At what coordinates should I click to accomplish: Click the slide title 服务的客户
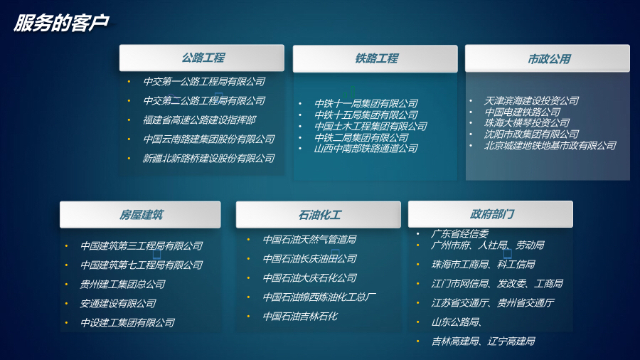[x=61, y=23]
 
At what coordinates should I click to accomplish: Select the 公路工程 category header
[x=203, y=58]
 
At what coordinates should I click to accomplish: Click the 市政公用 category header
[x=548, y=59]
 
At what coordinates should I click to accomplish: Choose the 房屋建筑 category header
[x=141, y=214]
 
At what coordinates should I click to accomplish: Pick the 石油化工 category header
[x=320, y=214]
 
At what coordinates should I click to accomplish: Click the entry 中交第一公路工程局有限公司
[x=204, y=82]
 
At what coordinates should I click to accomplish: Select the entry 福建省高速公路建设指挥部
[x=199, y=120]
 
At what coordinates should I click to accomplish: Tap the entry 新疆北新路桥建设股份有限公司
[x=208, y=158]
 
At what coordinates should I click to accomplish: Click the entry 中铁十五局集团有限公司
[x=366, y=115]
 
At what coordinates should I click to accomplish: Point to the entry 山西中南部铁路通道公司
[x=366, y=149]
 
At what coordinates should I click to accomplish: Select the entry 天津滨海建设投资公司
[x=531, y=101]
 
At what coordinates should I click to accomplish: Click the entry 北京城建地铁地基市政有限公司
[x=550, y=146]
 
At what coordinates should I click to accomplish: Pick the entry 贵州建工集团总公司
[x=123, y=284]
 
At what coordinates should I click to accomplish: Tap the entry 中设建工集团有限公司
[x=127, y=322]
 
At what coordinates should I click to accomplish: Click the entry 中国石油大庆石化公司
[x=309, y=277]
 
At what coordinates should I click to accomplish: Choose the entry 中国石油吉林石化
[x=300, y=316]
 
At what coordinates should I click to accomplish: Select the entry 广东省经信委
[x=460, y=233]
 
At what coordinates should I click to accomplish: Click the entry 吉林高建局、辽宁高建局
[x=483, y=342]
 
